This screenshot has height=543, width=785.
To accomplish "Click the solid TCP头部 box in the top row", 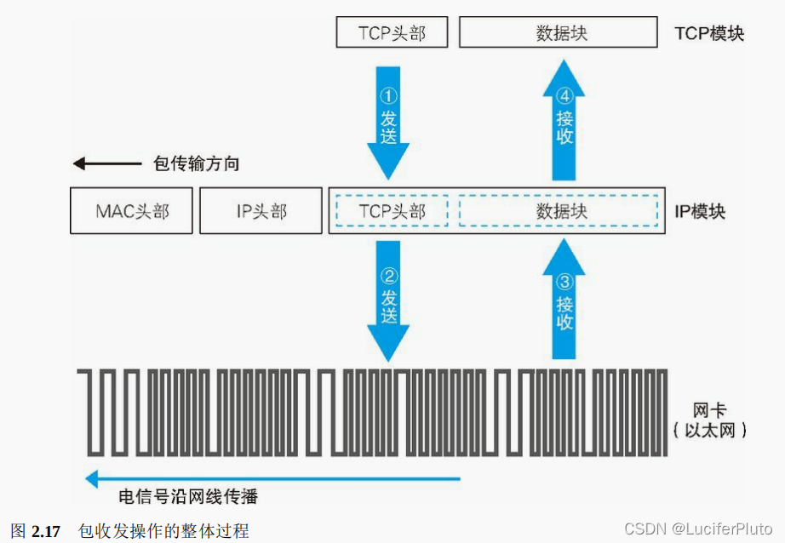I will (392, 33).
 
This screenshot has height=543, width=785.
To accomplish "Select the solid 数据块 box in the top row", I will (559, 33).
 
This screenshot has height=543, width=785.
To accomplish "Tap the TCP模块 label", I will (708, 34).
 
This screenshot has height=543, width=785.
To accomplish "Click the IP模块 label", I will (700, 211).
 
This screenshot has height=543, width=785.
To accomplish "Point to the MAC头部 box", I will (132, 211).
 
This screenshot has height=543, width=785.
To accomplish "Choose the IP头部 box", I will (261, 211).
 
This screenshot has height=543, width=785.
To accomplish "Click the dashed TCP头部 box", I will (392, 211).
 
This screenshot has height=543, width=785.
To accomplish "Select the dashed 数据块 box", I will (559, 211).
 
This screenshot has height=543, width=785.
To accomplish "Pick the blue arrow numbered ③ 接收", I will (564, 302).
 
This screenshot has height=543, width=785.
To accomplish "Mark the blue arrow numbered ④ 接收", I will (564, 119).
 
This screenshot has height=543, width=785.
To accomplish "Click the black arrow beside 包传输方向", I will (106, 164).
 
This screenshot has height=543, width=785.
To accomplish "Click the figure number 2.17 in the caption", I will (46, 532).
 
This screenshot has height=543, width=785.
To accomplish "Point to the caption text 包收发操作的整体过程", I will (163, 532).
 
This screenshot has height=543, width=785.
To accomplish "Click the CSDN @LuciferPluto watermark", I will (698, 529).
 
